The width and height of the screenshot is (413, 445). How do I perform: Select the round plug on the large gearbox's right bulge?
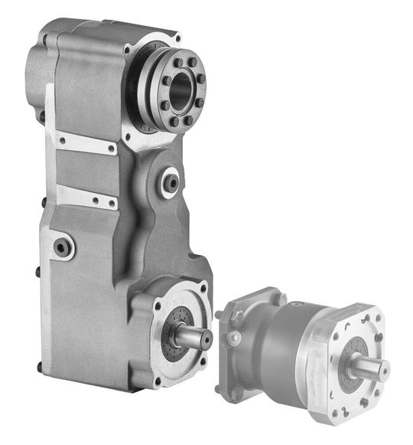point(170,182)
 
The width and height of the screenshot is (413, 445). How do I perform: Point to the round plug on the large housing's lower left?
point(63,247)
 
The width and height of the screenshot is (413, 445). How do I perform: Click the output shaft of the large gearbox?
point(195,334)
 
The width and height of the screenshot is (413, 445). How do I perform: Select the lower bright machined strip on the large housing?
point(86,196)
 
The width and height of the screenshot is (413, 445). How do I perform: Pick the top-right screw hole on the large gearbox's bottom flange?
point(203,290)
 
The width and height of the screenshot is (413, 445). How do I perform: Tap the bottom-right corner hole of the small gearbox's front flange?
point(380,404)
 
